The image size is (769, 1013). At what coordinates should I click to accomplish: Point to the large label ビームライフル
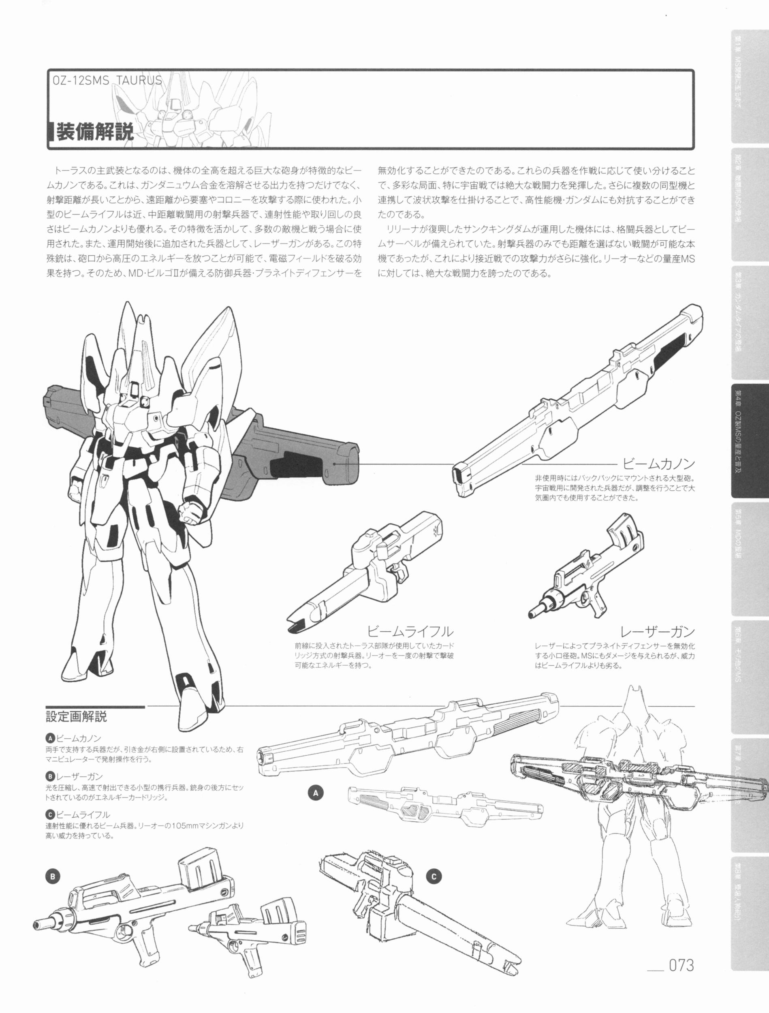click(410, 632)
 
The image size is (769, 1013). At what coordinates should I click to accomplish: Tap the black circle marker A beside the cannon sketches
click(315, 792)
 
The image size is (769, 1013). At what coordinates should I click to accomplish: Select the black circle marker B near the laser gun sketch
click(53, 876)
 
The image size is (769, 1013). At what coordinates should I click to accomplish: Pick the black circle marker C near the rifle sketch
click(434, 877)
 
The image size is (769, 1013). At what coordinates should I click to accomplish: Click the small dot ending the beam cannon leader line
click(335, 464)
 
